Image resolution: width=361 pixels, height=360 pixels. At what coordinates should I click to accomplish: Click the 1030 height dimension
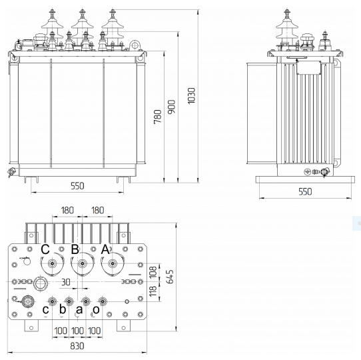[x=191, y=95]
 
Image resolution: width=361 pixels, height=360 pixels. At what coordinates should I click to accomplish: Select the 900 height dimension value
[x=172, y=107]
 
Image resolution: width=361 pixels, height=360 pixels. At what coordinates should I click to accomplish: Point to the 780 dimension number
[x=158, y=117]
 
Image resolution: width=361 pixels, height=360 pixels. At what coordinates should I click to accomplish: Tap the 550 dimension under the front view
[x=77, y=186]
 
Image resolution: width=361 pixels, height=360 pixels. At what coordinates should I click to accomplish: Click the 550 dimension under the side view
[x=305, y=191]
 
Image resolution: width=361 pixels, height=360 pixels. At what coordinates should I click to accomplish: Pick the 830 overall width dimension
[x=77, y=346]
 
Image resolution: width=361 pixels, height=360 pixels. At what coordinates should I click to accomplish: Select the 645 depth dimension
[x=170, y=277]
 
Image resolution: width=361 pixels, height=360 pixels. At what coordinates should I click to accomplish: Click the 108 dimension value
[x=153, y=272]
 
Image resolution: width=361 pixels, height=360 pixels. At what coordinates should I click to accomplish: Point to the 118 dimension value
[x=153, y=291]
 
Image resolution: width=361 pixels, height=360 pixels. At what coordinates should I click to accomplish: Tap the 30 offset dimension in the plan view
[x=66, y=282]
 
